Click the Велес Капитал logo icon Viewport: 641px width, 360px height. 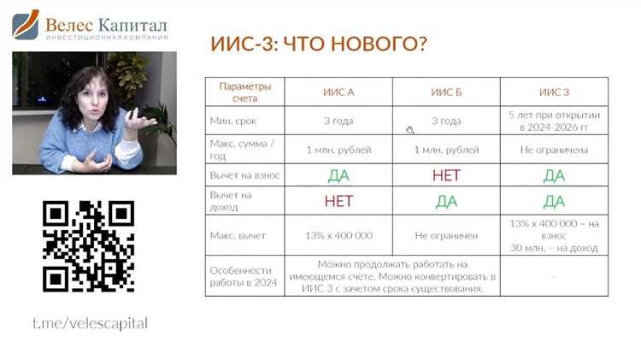(25, 25)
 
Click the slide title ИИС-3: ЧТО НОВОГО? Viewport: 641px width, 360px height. (318, 44)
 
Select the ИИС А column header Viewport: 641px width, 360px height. (338, 91)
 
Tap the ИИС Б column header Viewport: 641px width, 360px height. (446, 91)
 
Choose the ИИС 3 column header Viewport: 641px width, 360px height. (554, 91)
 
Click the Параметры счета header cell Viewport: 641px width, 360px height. (244, 91)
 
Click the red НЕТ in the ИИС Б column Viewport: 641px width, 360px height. (446, 175)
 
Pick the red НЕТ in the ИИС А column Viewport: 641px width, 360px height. (338, 202)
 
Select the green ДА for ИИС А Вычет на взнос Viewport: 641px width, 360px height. (338, 175)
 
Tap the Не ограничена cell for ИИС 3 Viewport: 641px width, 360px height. (554, 150)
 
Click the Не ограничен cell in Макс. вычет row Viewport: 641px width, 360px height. (446, 234)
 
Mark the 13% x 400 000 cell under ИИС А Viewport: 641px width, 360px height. (338, 234)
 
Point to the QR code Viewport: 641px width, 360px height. (89, 246)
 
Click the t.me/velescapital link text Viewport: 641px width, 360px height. (90, 323)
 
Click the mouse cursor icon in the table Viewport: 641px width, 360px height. (410, 130)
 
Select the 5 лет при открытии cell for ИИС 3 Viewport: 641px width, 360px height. (554, 121)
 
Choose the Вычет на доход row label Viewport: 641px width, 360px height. (232, 202)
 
